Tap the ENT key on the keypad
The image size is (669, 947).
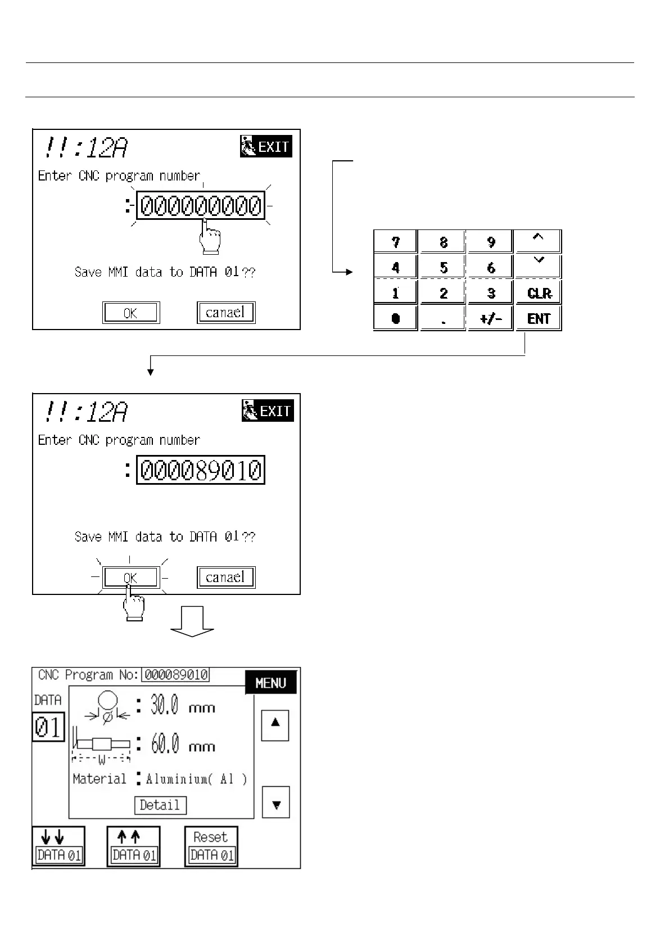click(x=539, y=318)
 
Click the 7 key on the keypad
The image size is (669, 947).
click(x=396, y=242)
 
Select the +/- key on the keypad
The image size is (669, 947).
click(x=491, y=318)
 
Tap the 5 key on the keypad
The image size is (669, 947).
click(x=443, y=267)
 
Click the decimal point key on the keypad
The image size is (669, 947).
click(x=443, y=318)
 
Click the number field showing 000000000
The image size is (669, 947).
click(x=201, y=206)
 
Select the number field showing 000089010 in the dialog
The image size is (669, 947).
click(x=201, y=470)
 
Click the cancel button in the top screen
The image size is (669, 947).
click(x=226, y=313)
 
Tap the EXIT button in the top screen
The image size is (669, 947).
click(x=266, y=147)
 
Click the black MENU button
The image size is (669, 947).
click(x=270, y=683)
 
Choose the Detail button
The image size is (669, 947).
click(x=160, y=805)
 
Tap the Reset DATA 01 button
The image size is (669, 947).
click(x=211, y=846)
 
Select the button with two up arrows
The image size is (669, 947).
click(x=133, y=846)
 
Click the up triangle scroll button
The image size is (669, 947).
click(x=275, y=725)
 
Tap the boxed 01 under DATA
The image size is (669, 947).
click(x=48, y=727)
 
